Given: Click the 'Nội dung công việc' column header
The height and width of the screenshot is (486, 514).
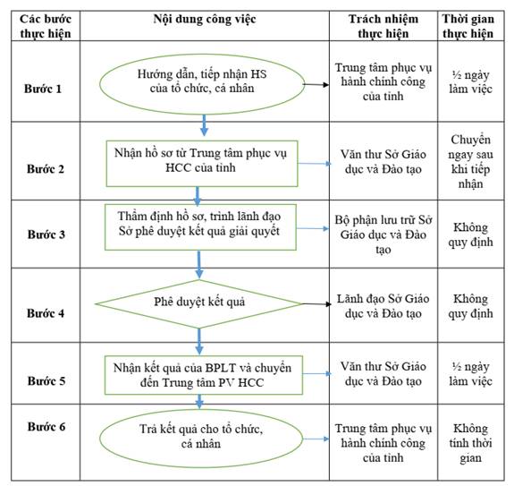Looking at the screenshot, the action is pyautogui.click(x=205, y=19).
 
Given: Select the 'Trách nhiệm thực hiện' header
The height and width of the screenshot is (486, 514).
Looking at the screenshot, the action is pyautogui.click(x=383, y=26).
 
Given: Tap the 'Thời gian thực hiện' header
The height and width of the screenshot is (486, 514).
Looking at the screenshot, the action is pyautogui.click(x=468, y=26).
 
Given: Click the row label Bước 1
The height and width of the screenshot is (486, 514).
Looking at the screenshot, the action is pyautogui.click(x=43, y=89).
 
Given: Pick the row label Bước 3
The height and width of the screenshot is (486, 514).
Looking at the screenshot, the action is pyautogui.click(x=46, y=234).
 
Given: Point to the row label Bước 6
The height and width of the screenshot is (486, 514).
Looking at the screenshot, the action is pyautogui.click(x=46, y=426).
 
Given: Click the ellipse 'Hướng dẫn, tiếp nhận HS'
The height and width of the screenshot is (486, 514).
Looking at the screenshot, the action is pyautogui.click(x=202, y=84).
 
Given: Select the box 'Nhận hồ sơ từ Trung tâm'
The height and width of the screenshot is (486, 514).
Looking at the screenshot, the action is pyautogui.click(x=202, y=164).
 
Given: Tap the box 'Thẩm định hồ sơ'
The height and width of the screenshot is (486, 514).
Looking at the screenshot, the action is pyautogui.click(x=200, y=227).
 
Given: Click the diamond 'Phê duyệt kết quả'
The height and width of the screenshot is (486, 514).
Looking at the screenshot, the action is pyautogui.click(x=198, y=304).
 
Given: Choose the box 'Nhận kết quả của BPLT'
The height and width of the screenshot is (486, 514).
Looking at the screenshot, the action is pyautogui.click(x=203, y=375).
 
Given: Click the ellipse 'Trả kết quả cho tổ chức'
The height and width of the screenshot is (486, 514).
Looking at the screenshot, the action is pyautogui.click(x=201, y=439).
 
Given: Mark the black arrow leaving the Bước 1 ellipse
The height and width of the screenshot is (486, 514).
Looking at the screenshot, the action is pyautogui.click(x=316, y=85).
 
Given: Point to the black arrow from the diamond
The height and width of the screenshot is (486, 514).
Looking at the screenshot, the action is pyautogui.click(x=316, y=304).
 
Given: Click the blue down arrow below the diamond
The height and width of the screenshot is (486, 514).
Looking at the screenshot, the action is pyautogui.click(x=199, y=342).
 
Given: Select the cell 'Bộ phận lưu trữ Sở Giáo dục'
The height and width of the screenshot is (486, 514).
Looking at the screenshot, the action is pyautogui.click(x=383, y=234).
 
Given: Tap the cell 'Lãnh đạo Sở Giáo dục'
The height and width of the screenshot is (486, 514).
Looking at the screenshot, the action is pyautogui.click(x=383, y=306).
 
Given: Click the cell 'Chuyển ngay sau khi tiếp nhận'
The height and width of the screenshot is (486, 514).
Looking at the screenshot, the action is pyautogui.click(x=470, y=161).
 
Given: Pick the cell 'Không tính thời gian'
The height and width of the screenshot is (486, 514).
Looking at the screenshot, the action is pyautogui.click(x=470, y=443).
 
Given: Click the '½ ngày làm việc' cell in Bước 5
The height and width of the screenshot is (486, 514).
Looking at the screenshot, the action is pyautogui.click(x=470, y=374).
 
